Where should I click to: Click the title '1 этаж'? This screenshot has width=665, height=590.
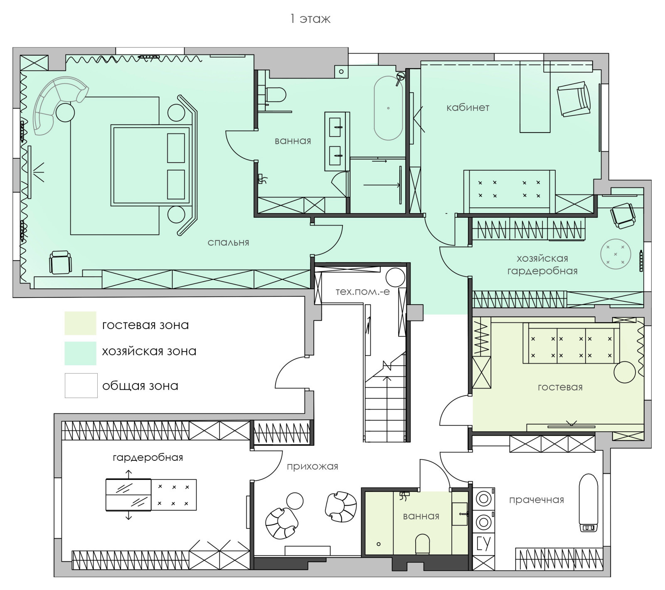(310, 19)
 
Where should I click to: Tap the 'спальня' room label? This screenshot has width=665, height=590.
(228, 242)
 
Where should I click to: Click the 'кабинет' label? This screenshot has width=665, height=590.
(468, 107)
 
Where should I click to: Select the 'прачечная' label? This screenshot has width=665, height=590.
(536, 500)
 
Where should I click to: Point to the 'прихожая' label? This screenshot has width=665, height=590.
(312, 466)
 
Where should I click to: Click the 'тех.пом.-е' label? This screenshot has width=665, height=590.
(362, 291)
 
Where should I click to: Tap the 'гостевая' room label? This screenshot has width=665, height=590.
(560, 387)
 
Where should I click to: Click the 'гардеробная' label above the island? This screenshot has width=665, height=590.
(148, 457)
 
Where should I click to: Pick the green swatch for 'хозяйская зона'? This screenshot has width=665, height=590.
(80, 353)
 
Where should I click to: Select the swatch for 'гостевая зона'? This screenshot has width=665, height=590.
(80, 323)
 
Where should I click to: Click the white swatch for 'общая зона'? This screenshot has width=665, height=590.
(81, 386)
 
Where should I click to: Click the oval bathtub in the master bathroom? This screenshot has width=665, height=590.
(388, 108)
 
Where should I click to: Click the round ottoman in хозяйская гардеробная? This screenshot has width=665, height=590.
(616, 254)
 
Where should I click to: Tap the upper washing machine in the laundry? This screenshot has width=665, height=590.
(484, 499)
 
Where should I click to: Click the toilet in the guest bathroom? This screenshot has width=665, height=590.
(422, 543)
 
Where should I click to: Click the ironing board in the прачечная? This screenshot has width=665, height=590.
(589, 503)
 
